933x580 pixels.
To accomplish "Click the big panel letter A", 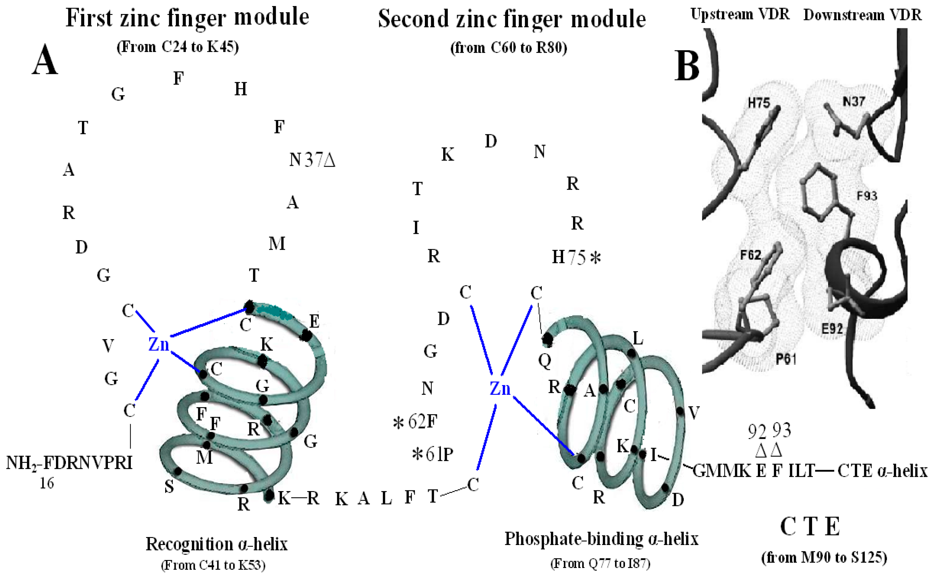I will click(45, 60).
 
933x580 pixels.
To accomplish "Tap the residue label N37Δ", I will click(312, 160).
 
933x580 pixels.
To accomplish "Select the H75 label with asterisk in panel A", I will click(576, 258).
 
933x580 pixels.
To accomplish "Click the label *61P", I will click(433, 454).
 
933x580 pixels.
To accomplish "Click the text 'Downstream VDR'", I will click(862, 15).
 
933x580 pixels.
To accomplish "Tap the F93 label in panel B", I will click(867, 196).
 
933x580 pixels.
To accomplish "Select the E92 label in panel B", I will click(832, 329).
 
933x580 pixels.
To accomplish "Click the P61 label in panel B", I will click(786, 359).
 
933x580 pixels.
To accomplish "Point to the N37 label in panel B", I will click(854, 101).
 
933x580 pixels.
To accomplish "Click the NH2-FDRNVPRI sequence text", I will click(69, 463).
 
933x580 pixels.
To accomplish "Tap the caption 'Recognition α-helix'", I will click(216, 544).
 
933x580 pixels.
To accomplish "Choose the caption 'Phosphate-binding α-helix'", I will click(601, 539).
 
